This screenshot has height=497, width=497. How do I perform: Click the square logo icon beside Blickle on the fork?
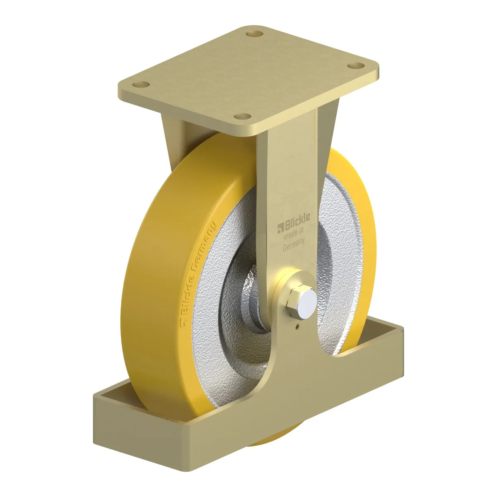click(281, 229)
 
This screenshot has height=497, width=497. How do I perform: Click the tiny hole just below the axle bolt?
click(298, 327)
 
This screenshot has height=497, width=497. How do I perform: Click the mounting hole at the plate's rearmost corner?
click(255, 34)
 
